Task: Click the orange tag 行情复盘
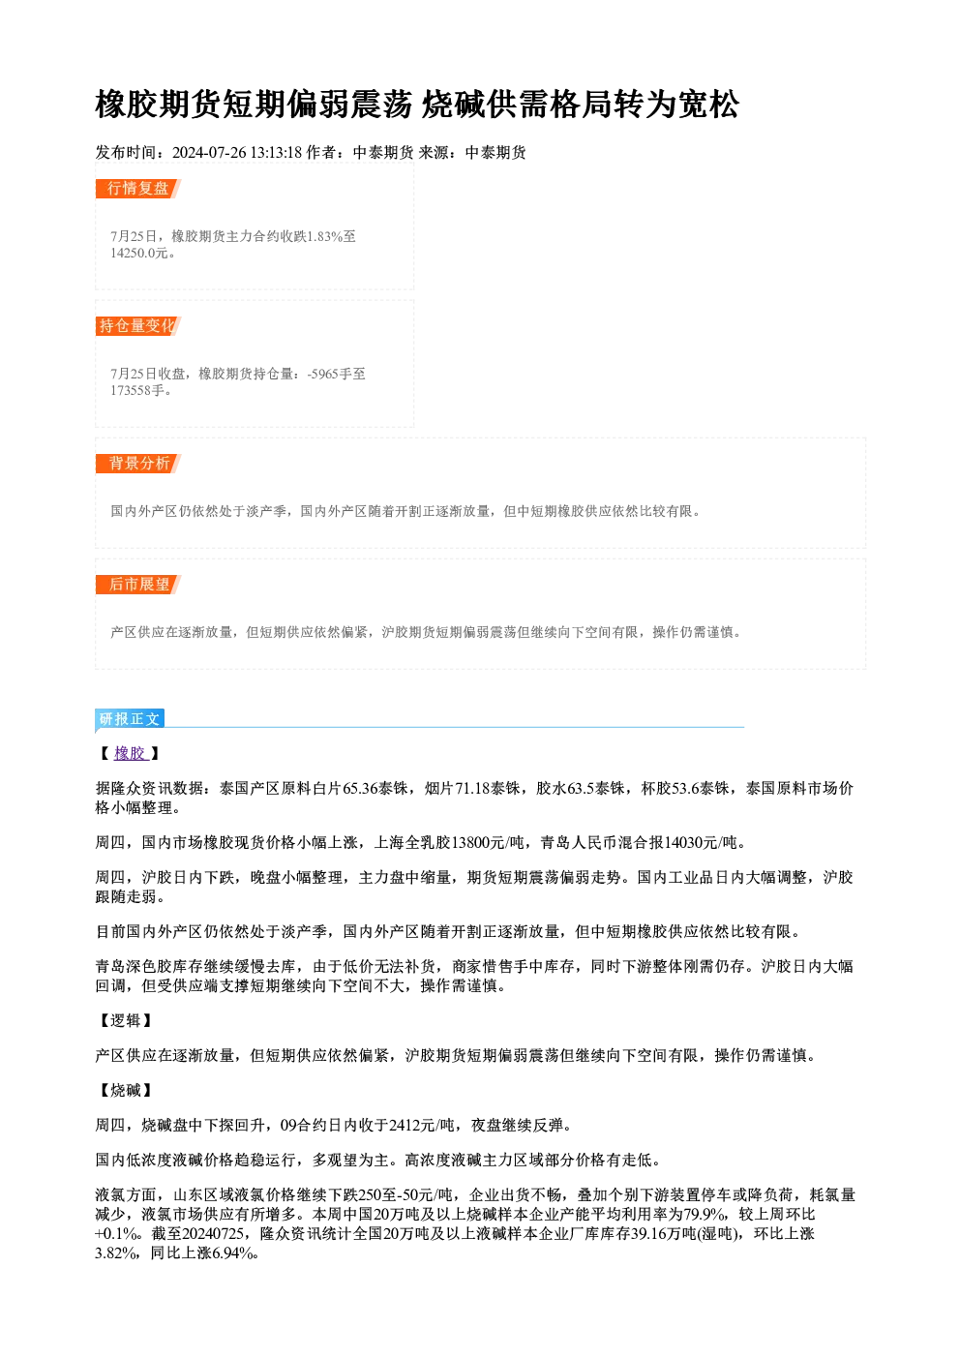coord(138,189)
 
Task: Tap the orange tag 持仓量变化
coord(138,326)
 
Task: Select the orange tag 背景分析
coord(138,464)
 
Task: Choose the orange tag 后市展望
coord(138,585)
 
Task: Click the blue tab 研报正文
coord(130,719)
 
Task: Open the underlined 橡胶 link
coord(130,754)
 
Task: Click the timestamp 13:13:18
coord(276,153)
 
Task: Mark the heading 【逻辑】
coord(125,1021)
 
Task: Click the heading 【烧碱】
coord(125,1091)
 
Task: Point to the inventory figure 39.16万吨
coord(663,1234)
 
